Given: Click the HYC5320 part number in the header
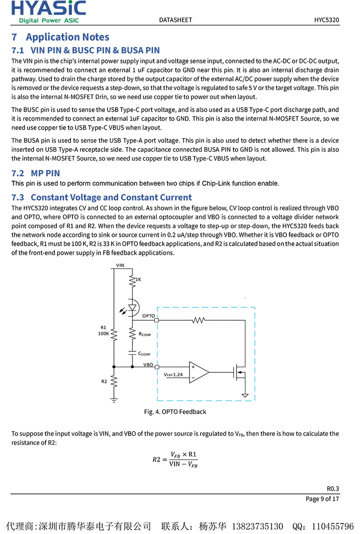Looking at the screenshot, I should tap(326, 20).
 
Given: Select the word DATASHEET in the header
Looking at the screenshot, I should tap(175, 20).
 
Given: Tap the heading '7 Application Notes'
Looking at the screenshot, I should tap(60, 37).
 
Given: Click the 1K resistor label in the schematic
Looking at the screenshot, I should tap(138, 279).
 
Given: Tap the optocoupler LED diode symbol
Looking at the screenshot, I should tap(132, 308).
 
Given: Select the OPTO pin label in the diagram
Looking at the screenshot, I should tap(148, 316).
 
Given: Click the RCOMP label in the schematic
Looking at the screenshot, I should tap(145, 334).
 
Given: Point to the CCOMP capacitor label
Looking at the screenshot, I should tap(144, 353).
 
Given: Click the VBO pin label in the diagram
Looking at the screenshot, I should tap(148, 365).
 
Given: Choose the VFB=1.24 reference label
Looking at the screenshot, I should tap(173, 374).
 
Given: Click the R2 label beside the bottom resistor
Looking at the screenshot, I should tap(104, 381).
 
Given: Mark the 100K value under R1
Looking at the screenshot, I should tap(104, 333).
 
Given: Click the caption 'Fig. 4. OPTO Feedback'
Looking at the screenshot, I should tap(175, 412).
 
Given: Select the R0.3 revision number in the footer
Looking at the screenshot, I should tap(333, 488).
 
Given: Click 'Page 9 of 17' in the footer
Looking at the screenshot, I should tap(322, 498).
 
